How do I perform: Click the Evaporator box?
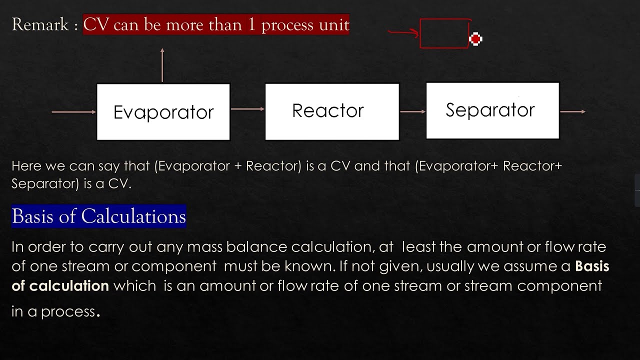tap(163, 112)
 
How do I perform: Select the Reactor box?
tap(332, 111)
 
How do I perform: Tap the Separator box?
tap(492, 110)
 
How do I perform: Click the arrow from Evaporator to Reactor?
tap(247, 108)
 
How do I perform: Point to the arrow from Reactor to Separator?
tap(412, 111)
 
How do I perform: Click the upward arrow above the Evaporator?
tap(162, 65)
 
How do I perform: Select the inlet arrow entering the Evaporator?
tap(74, 112)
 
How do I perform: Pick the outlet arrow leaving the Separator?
tap(572, 111)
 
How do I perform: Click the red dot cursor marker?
tap(475, 38)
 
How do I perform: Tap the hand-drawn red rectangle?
tap(444, 34)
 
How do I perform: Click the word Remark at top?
tap(40, 24)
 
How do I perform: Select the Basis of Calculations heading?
tap(99, 216)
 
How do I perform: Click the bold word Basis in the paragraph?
tap(592, 266)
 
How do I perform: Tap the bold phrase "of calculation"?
tap(60, 286)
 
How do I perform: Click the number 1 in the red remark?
tap(252, 24)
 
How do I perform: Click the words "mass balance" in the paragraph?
tap(244, 246)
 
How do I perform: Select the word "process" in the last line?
tap(68, 311)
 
